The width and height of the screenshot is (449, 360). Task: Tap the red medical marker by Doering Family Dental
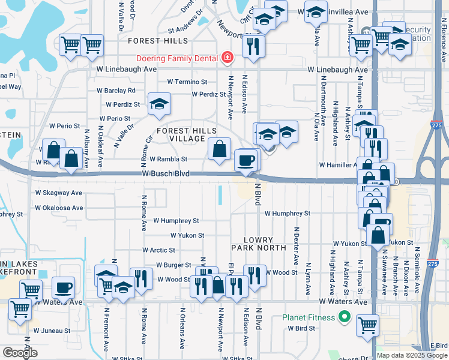pos(228,58)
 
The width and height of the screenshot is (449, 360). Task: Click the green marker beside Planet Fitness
pos(345,317)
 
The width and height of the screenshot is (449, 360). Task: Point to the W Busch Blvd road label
pos(166,174)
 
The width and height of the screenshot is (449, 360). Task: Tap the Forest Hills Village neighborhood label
pos(187,134)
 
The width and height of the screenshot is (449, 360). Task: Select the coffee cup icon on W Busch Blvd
pos(246,160)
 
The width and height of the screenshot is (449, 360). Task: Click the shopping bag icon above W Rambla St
pos(220,148)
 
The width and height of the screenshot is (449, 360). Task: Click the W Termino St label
pos(187,82)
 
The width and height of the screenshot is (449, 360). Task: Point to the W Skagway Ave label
pos(58,193)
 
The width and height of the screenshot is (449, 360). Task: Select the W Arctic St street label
pos(158,250)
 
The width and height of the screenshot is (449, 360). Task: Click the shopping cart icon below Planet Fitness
pos(367,326)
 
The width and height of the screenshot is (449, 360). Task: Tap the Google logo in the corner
pos(20,352)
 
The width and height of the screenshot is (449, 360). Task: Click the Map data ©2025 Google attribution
pos(411,355)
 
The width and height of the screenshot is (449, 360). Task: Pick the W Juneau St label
pos(52,331)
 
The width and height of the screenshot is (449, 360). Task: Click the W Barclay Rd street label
pos(116,91)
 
